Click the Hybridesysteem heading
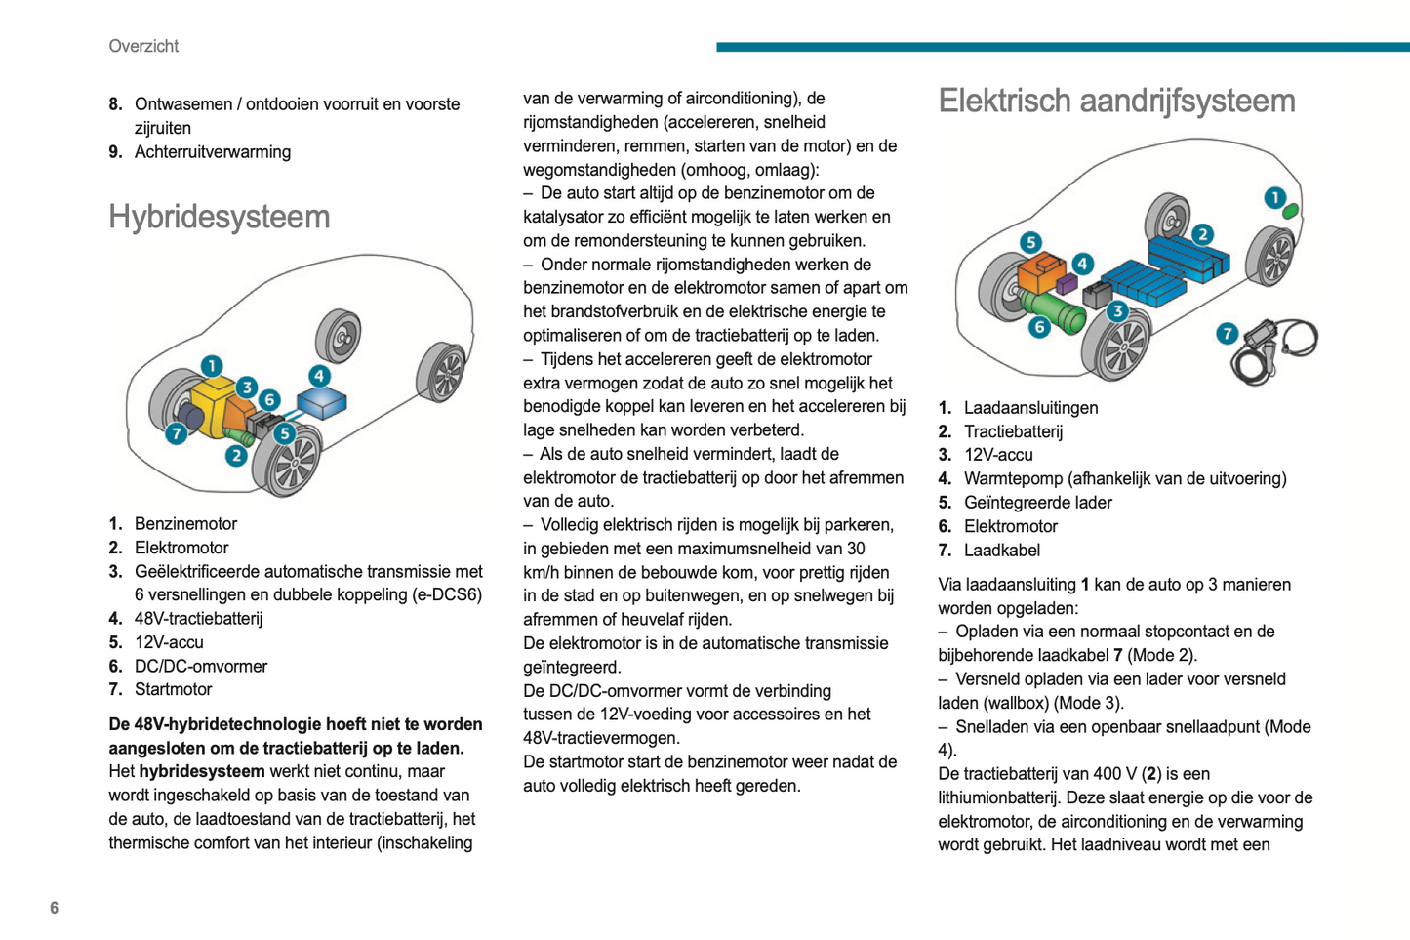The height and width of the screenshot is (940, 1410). [x=219, y=217]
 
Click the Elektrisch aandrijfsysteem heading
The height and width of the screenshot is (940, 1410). [x=1116, y=101]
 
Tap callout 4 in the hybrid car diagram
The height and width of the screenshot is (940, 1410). [x=319, y=376]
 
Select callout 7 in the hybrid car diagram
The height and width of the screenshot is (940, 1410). [x=177, y=433]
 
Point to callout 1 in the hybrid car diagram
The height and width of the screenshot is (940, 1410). [x=212, y=366]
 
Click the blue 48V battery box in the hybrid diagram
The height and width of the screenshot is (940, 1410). [x=321, y=401]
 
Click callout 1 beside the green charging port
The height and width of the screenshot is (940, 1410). [x=1274, y=198]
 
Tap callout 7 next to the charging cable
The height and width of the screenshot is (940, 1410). [x=1227, y=334]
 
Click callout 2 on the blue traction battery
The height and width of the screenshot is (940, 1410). [x=1202, y=234]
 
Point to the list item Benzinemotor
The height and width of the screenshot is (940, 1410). [x=185, y=524]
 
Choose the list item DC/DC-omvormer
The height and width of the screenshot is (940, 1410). [x=200, y=667]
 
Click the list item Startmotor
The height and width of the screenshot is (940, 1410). [x=173, y=690]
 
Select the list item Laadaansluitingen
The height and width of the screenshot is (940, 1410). [x=1030, y=408]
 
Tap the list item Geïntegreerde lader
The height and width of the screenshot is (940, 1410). [x=1037, y=503]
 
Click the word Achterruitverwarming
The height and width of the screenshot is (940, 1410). [x=212, y=152]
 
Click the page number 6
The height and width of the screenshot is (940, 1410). [x=55, y=908]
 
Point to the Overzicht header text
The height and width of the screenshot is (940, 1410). [x=143, y=46]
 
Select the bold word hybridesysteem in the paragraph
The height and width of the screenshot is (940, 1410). [x=202, y=771]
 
